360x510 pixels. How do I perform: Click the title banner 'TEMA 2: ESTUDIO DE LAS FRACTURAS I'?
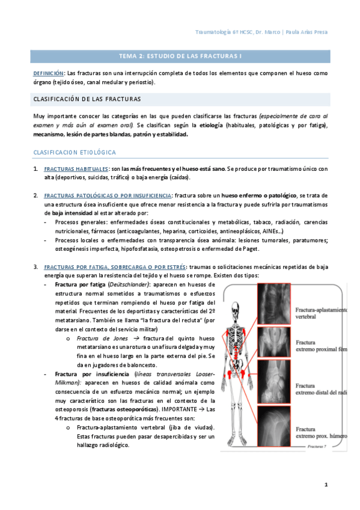(180, 57)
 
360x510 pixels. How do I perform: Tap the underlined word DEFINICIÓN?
(49, 73)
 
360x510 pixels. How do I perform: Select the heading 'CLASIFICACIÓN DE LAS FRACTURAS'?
(87, 99)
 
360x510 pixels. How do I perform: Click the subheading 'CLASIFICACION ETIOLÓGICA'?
(75, 152)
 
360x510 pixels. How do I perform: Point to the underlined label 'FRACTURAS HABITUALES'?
(76, 169)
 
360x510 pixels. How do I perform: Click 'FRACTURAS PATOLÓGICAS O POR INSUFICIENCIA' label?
(108, 196)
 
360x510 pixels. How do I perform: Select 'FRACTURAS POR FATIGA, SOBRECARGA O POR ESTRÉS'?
(115, 267)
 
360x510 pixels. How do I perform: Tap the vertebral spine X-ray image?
(274, 304)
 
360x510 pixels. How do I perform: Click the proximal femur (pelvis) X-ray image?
(274, 342)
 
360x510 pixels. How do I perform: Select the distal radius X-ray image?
(274, 381)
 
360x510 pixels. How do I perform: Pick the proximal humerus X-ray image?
(274, 426)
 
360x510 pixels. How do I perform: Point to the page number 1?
(326, 485)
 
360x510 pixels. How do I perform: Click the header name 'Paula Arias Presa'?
(307, 32)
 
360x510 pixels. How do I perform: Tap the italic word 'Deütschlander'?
(128, 284)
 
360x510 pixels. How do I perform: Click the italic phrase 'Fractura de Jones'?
(102, 339)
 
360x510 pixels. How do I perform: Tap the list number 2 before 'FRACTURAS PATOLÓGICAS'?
(35, 196)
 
